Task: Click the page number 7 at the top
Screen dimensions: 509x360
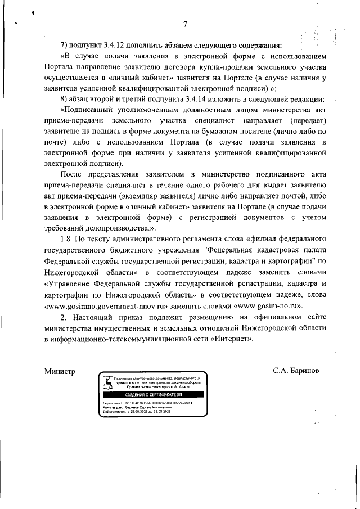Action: (x=185, y=24)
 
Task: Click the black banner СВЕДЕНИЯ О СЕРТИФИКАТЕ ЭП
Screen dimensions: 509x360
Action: (x=147, y=396)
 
